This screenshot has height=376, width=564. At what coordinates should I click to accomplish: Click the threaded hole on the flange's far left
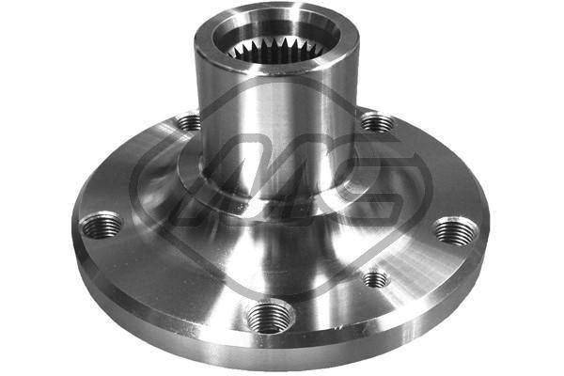[102, 226]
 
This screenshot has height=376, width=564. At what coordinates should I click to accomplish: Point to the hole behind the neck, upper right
[377, 122]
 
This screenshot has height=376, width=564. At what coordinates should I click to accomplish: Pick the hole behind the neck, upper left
[189, 121]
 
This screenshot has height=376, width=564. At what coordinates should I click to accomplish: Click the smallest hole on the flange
[375, 278]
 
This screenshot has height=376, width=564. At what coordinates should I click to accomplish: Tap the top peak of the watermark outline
[282, 75]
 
